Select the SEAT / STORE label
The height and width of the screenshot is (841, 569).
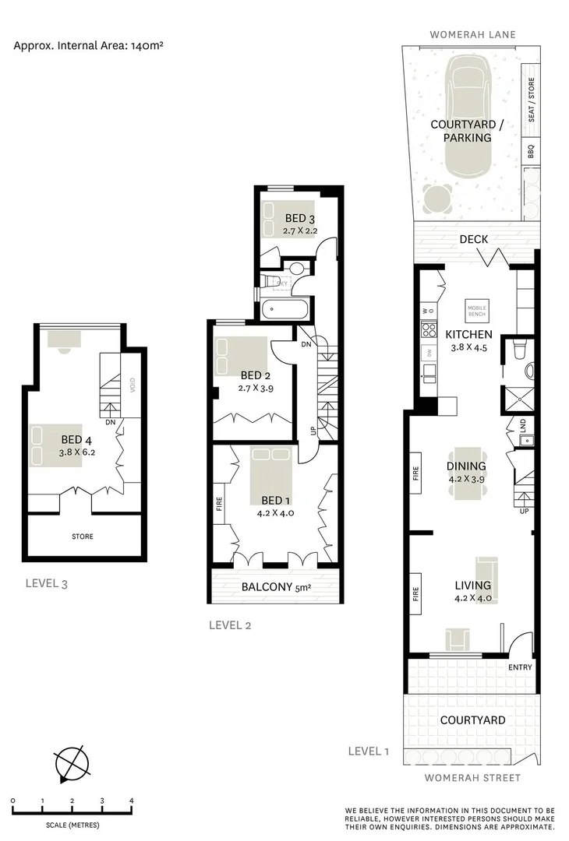point(532,100)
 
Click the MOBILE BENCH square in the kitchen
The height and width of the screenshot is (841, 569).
point(476,308)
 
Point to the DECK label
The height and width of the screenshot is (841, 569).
point(474,239)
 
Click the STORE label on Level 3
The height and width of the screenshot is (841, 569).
point(82,536)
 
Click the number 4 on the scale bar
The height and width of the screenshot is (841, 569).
point(131,801)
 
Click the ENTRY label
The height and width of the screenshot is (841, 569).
point(519,667)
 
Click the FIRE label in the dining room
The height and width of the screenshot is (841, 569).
point(415,472)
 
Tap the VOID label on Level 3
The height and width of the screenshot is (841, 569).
point(133,386)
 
